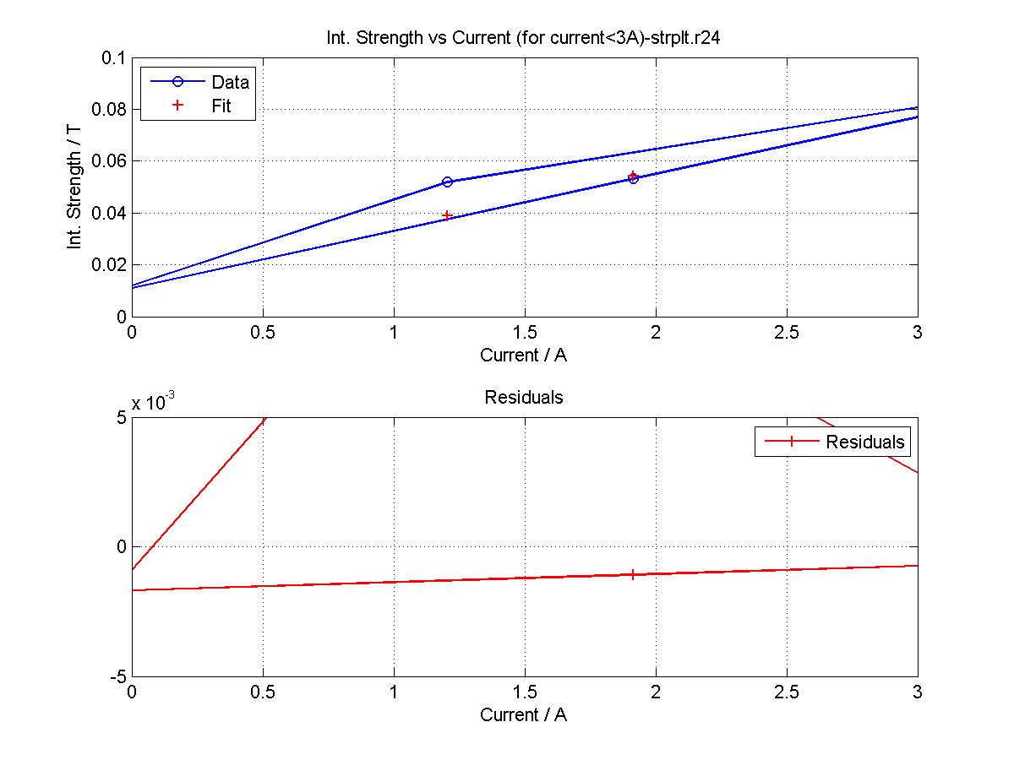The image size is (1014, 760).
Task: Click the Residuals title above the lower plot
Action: (524, 397)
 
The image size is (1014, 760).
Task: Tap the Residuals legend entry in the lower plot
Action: (864, 442)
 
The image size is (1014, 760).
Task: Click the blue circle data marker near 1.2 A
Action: (447, 182)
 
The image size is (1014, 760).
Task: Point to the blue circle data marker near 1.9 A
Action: (633, 178)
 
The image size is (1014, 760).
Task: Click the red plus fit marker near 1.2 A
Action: (447, 215)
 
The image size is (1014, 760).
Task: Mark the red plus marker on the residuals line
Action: (633, 574)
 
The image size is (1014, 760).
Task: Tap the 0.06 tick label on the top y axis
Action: (108, 161)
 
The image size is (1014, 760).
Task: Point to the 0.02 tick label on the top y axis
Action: (108, 264)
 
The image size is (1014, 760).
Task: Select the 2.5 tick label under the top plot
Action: (787, 333)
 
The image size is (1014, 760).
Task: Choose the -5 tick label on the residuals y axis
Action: (117, 677)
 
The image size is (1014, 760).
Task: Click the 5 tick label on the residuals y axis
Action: (120, 418)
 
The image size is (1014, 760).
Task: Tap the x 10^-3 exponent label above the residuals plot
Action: (154, 403)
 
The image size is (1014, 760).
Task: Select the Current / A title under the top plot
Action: (524, 356)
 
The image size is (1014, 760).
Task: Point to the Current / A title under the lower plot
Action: (524, 715)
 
